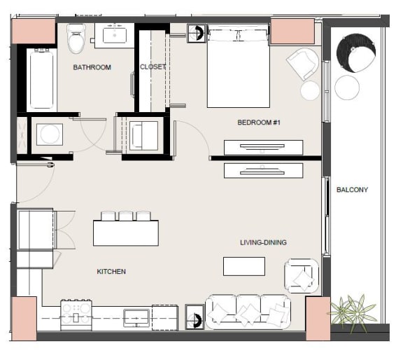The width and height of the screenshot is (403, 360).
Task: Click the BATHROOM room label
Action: point(92,67)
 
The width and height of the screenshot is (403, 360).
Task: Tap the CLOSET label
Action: point(153,67)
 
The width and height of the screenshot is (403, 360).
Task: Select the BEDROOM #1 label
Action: point(259,123)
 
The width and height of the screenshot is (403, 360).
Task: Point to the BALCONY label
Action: point(352,190)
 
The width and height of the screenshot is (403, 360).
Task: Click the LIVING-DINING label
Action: point(263,242)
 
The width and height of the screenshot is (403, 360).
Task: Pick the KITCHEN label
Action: point(111,272)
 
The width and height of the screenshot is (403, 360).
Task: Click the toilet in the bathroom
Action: point(76,39)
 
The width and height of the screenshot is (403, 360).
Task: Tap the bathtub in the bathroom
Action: point(42,78)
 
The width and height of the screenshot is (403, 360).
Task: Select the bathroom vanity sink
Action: point(115,36)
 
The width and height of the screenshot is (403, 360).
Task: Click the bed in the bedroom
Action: point(239,66)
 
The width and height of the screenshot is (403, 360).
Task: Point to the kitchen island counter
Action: point(126,233)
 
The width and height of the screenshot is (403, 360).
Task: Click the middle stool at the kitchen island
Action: point(126,216)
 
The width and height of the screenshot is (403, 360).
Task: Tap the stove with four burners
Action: point(76,315)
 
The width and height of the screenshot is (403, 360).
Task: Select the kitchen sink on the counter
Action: point(136,317)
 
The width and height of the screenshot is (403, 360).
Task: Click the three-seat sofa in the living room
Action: point(248,312)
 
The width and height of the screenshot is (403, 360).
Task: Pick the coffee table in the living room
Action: point(244,266)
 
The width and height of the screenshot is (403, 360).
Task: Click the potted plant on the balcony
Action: point(353,312)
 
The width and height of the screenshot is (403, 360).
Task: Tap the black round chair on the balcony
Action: point(356,53)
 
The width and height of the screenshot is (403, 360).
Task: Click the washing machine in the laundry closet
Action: point(50,134)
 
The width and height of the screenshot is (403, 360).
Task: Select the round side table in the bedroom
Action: point(310,90)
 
